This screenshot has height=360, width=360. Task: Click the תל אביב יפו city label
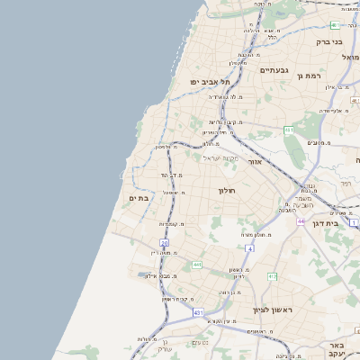(x=206, y=82)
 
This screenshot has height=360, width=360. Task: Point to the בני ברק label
(x=330, y=41)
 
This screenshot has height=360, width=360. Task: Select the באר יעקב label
(x=337, y=349)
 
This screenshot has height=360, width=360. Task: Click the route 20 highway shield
(x=164, y=243)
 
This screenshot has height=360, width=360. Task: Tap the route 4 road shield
(x=248, y=247)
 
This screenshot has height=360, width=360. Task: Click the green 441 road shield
(x=197, y=265)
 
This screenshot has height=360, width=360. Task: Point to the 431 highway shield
(x=197, y=312)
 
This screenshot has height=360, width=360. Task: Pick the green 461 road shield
(x=289, y=131)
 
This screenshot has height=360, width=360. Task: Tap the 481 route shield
(x=335, y=25)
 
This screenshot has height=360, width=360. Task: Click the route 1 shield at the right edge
(x=354, y=221)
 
